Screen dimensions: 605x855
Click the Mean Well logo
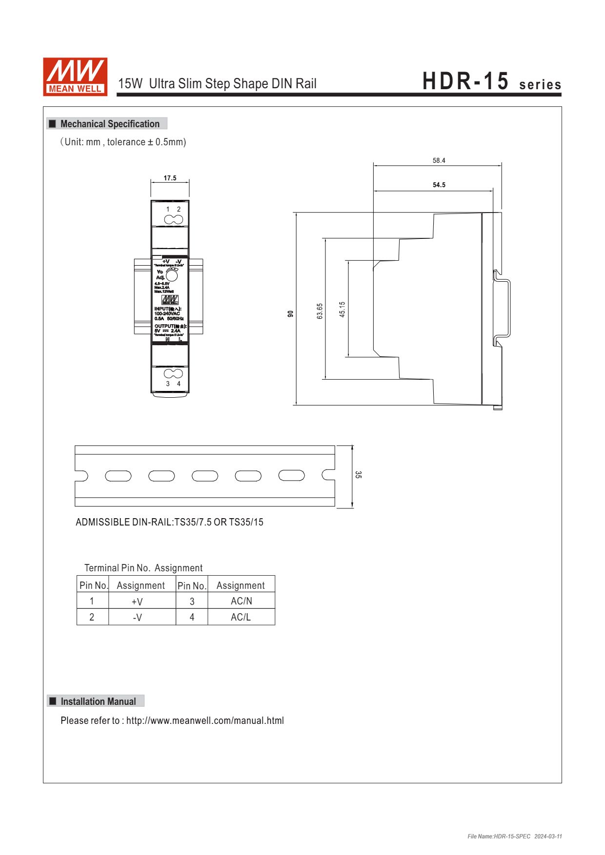[x=75, y=77]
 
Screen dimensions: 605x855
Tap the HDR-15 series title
[x=491, y=82]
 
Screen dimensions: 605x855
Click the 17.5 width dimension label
[x=170, y=178]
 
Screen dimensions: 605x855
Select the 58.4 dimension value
[x=439, y=161]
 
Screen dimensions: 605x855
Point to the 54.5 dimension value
[x=439, y=185]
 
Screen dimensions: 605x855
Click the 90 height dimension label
[x=291, y=314]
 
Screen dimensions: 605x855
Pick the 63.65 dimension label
[x=320, y=311]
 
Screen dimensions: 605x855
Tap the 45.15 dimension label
[x=342, y=310]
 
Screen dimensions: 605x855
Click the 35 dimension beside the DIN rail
[x=358, y=475]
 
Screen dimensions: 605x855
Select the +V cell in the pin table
[x=137, y=602]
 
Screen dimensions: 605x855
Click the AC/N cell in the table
[x=241, y=601]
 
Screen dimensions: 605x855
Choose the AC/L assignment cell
[x=241, y=617]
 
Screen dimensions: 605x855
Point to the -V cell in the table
[x=137, y=618]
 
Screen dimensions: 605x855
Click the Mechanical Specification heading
[x=110, y=124]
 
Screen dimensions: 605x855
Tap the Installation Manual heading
[x=98, y=701]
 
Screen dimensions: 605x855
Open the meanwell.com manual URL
[x=205, y=720]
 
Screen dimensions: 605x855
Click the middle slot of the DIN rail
[x=205, y=476]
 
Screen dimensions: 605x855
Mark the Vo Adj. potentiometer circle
[x=172, y=275]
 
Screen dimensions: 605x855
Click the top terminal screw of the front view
[x=173, y=220]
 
